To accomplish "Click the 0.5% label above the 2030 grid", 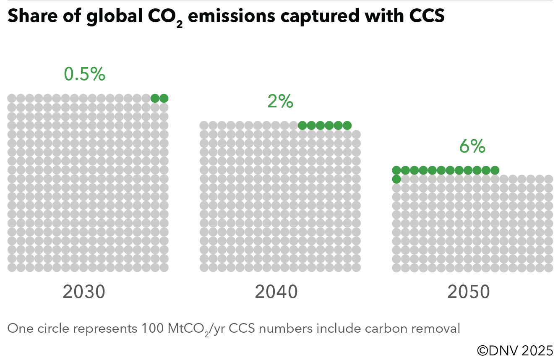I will [x=84, y=75].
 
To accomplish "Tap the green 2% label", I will [x=280, y=102].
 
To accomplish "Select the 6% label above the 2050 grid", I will [x=472, y=147].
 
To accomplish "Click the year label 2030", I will [x=84, y=292].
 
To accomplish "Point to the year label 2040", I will [x=276, y=292].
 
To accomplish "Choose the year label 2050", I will [x=469, y=292].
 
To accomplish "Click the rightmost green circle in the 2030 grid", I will [x=164, y=98].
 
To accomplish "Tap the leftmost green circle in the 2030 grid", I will [x=155, y=98].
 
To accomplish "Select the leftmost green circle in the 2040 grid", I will [x=302, y=125].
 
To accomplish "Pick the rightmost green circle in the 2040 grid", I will [x=347, y=125].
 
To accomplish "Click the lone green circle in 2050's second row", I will [x=396, y=179].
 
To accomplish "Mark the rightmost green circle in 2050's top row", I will [x=495, y=170].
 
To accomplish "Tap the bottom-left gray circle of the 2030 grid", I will [x=12, y=267].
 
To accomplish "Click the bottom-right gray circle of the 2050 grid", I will [x=549, y=267].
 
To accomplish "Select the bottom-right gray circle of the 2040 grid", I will [x=356, y=267].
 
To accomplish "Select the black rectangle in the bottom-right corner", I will [x=515, y=350].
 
